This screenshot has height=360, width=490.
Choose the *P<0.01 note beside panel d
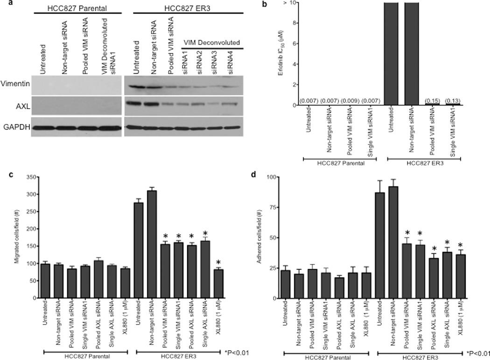tap(478, 353)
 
